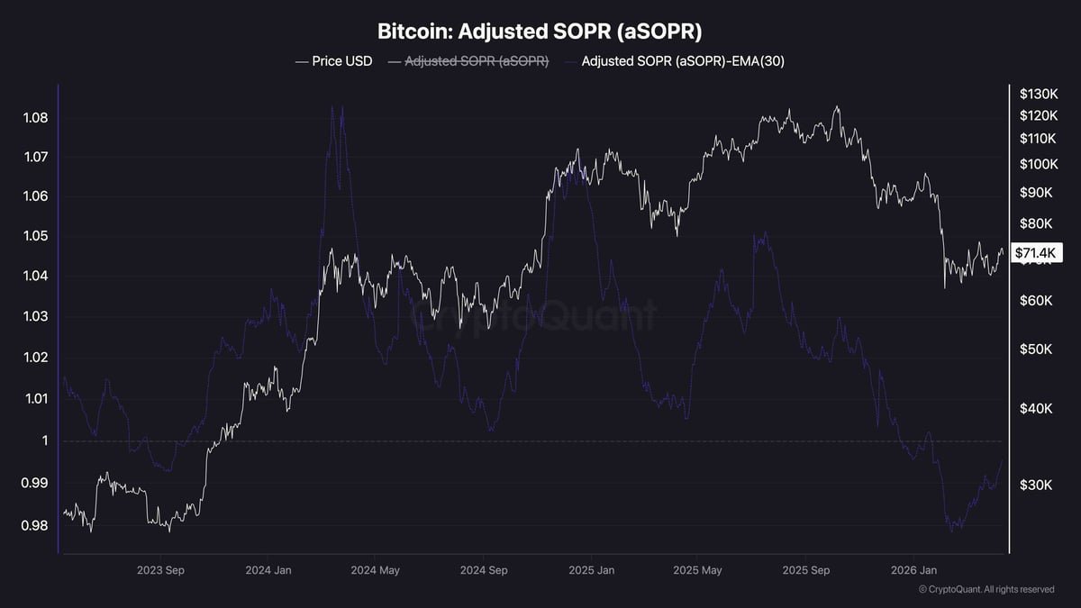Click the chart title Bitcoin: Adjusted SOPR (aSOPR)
tap(540, 31)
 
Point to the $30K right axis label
tap(1036, 485)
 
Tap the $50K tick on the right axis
tap(1036, 349)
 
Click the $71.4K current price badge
tap(1038, 253)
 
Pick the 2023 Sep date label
tap(161, 570)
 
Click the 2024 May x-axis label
tap(375, 570)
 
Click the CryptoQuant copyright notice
tap(986, 590)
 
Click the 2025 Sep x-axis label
tap(806, 570)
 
